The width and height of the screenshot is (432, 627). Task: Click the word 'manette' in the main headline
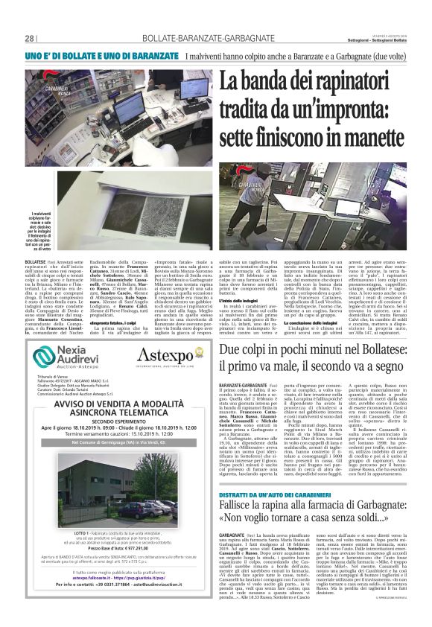(371, 139)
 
